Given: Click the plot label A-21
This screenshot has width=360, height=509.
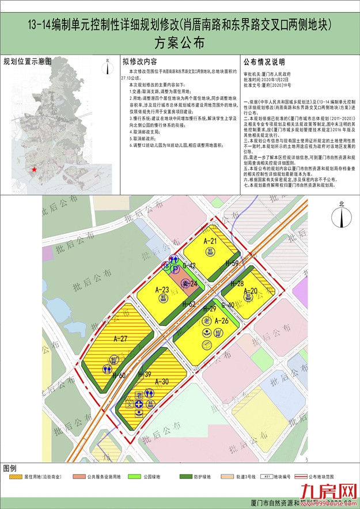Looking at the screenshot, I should click(210, 241).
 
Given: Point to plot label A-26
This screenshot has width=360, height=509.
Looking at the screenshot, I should click(222, 321).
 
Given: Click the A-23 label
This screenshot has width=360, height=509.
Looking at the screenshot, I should click(162, 290).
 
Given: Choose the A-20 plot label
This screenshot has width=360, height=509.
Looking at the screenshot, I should click(251, 292).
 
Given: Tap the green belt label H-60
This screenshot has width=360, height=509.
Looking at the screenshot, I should click(120, 375).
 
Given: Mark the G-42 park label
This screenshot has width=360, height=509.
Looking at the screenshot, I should click(190, 266).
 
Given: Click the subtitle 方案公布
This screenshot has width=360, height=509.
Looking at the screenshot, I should click(180, 43).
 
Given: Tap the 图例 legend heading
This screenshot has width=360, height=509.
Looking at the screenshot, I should click(11, 466).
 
